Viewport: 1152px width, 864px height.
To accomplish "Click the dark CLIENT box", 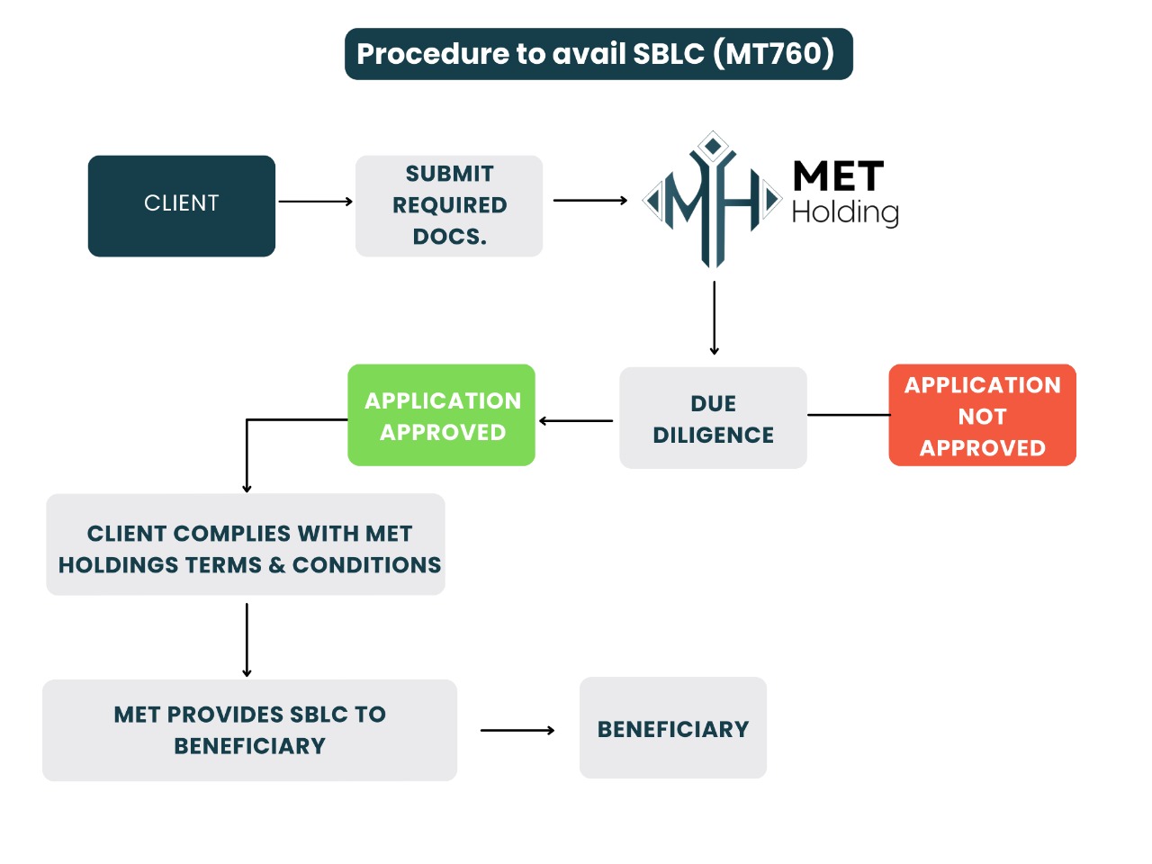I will click(x=182, y=206).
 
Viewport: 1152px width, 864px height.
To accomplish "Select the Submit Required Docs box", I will click(x=449, y=206).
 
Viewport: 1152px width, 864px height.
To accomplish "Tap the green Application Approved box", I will click(x=442, y=415).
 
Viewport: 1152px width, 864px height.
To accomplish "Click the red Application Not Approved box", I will click(x=982, y=415).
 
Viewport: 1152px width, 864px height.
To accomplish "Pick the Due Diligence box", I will click(x=713, y=418).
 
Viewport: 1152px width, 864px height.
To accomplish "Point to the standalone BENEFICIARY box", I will click(x=673, y=728).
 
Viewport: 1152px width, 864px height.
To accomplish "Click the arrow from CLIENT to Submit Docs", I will click(x=315, y=202).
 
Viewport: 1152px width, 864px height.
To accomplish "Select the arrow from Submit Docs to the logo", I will click(x=589, y=201).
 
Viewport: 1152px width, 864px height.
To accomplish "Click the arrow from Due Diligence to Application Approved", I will click(x=576, y=420).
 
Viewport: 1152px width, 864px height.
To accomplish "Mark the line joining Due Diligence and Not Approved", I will click(x=848, y=415).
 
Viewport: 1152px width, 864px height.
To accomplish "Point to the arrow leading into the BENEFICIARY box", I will click(x=517, y=731).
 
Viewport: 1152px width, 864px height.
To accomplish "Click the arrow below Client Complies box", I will click(x=247, y=639).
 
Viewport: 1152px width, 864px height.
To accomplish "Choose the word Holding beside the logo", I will click(x=845, y=212).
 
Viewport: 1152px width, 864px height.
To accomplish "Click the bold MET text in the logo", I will click(x=838, y=176).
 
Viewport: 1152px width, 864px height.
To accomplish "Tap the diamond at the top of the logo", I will click(x=714, y=145).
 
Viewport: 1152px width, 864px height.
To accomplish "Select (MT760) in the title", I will click(x=774, y=53).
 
